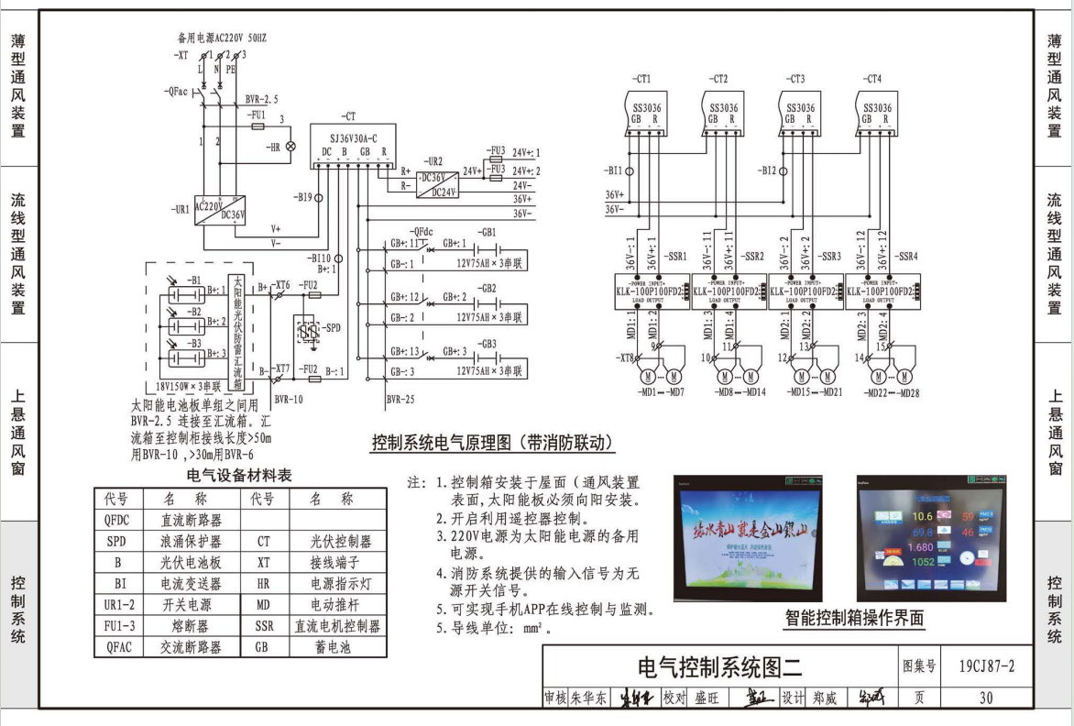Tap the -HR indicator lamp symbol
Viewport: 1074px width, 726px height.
tap(292, 147)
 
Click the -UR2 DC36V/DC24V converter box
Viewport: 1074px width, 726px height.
tap(439, 183)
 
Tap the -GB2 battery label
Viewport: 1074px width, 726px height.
tap(487, 288)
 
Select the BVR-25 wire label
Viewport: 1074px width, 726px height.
tap(400, 399)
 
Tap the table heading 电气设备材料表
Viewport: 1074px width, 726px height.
tap(239, 475)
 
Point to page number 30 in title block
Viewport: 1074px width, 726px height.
tap(985, 698)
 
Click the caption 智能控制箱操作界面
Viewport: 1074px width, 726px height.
tap(853, 619)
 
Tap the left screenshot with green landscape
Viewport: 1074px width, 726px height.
tap(748, 536)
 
